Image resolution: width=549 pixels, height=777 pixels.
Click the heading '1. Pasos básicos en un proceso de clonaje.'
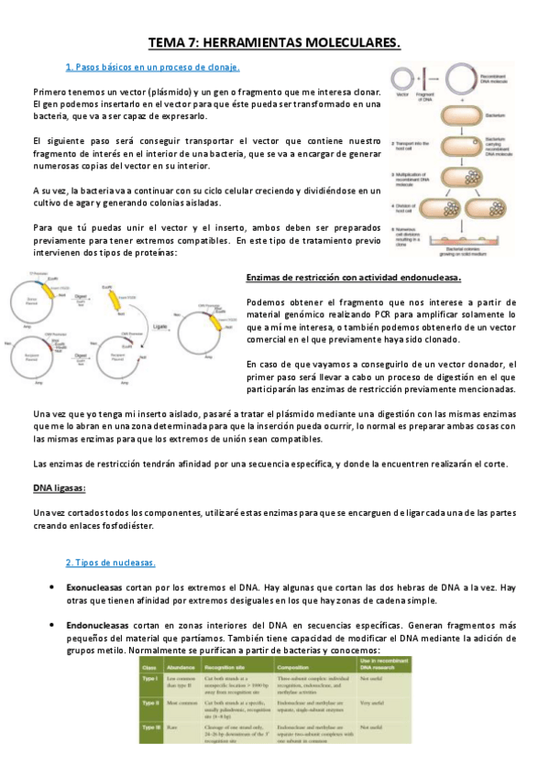tap(153, 67)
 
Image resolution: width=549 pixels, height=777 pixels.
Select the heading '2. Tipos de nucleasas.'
tap(110, 562)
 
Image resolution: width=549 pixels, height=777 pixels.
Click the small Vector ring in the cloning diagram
tap(399, 78)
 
